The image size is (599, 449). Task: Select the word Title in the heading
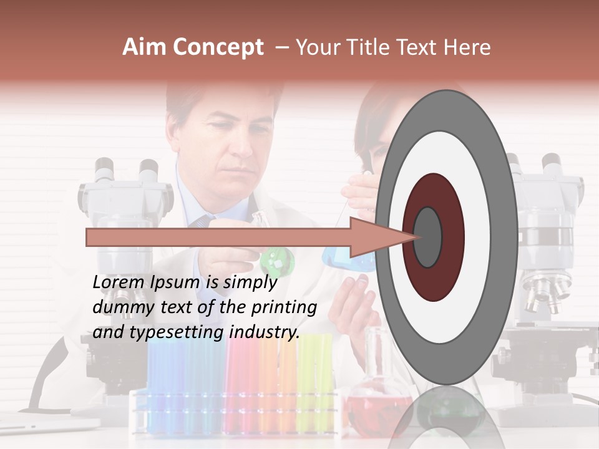tap(374, 47)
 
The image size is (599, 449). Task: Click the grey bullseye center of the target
tap(428, 237)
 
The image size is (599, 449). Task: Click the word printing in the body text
tap(284, 307)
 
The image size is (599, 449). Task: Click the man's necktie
tap(201, 222)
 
